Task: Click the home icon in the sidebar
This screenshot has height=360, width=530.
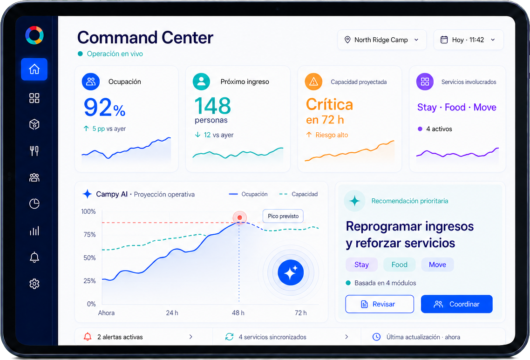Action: coord(34,69)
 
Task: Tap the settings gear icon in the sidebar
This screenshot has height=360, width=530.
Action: coord(34,284)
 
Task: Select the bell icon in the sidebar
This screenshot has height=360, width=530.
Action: coord(34,257)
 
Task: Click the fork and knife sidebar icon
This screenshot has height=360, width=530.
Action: coord(34,151)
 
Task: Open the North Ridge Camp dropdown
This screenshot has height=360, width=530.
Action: coord(381,40)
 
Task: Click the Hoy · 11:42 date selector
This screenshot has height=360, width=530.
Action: coord(469,40)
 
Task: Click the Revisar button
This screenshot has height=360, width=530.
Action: coord(380,304)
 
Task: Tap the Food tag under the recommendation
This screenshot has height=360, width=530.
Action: coord(399,265)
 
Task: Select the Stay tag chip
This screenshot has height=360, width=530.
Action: coord(361,265)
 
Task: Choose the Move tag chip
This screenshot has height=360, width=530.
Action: coord(437,265)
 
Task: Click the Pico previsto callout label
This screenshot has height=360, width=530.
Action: coord(283,216)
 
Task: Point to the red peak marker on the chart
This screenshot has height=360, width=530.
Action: coord(240,217)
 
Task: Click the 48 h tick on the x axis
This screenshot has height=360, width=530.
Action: coord(238,313)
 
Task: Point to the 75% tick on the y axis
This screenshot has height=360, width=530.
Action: coord(89,235)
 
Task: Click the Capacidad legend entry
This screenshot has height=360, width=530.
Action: coord(299,194)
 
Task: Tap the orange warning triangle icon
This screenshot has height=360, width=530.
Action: coord(314,82)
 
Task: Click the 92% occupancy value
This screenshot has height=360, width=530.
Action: coord(104,108)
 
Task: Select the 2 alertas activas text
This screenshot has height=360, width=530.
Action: coord(120,337)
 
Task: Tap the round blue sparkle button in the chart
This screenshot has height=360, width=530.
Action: coord(291,272)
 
